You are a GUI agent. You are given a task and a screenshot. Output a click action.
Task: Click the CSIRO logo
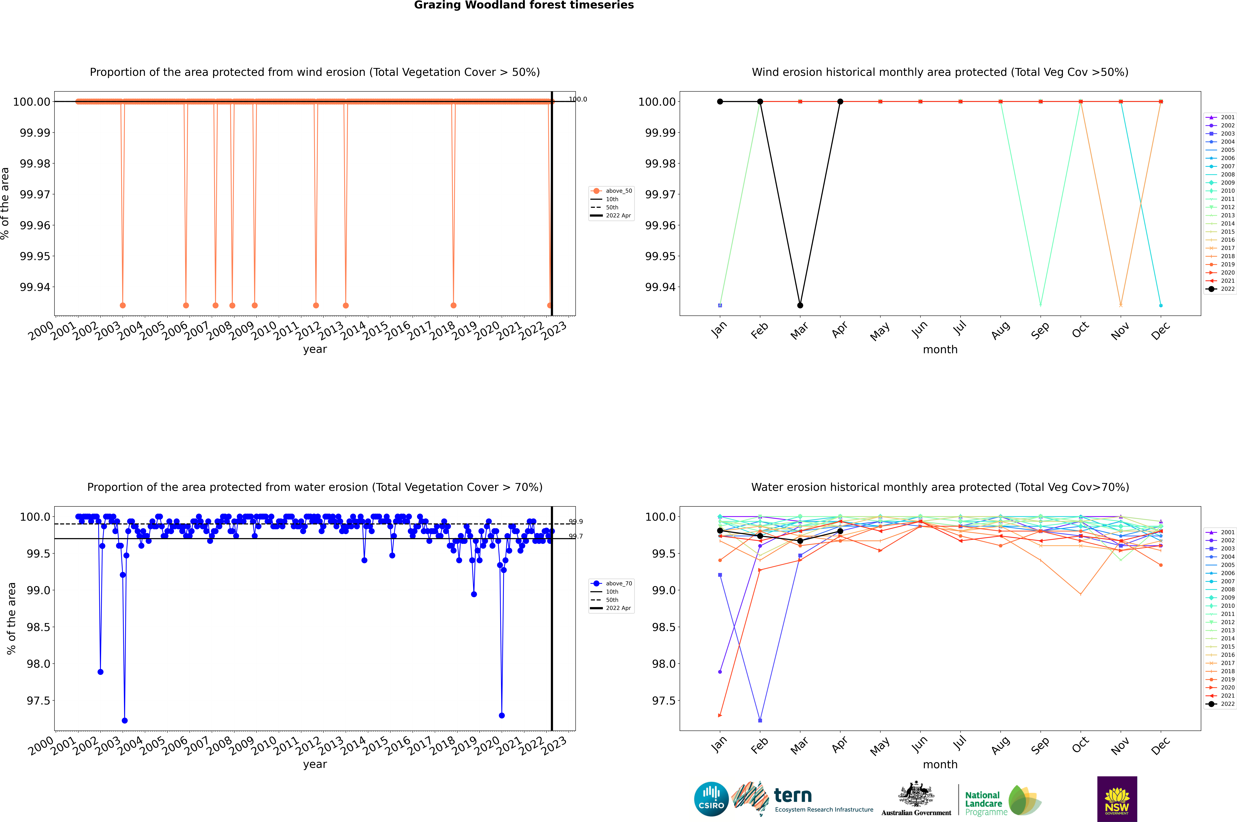711,799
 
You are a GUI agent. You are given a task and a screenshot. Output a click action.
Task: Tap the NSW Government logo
1117,799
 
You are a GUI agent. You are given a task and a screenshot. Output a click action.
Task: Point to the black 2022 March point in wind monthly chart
800,305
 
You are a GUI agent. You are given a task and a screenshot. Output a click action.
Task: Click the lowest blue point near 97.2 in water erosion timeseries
124,720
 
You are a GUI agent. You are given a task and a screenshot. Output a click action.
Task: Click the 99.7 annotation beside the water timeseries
576,536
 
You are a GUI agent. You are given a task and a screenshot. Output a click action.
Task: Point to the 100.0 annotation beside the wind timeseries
578,99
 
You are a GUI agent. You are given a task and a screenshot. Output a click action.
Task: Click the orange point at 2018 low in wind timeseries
454,305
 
